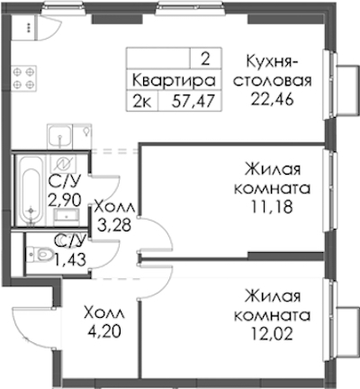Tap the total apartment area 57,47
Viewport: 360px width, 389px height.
click(193, 101)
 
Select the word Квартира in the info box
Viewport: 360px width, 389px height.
click(174, 81)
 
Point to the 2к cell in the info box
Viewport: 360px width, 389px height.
click(142, 102)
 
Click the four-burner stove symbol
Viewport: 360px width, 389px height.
click(24, 77)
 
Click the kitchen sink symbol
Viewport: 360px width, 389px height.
click(60, 137)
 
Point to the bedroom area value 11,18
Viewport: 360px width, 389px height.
click(272, 206)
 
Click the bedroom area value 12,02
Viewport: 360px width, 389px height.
click(272, 333)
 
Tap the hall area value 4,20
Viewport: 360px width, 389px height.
click(104, 330)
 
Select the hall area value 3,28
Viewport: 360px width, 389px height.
click(114, 225)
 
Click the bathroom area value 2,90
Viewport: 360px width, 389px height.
click(65, 199)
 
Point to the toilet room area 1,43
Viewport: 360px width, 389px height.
click(69, 258)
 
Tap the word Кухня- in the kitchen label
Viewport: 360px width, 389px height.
click(272, 61)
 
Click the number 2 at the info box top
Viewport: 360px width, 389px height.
click(205, 59)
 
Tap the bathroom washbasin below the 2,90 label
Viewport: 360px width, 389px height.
click(67, 215)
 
